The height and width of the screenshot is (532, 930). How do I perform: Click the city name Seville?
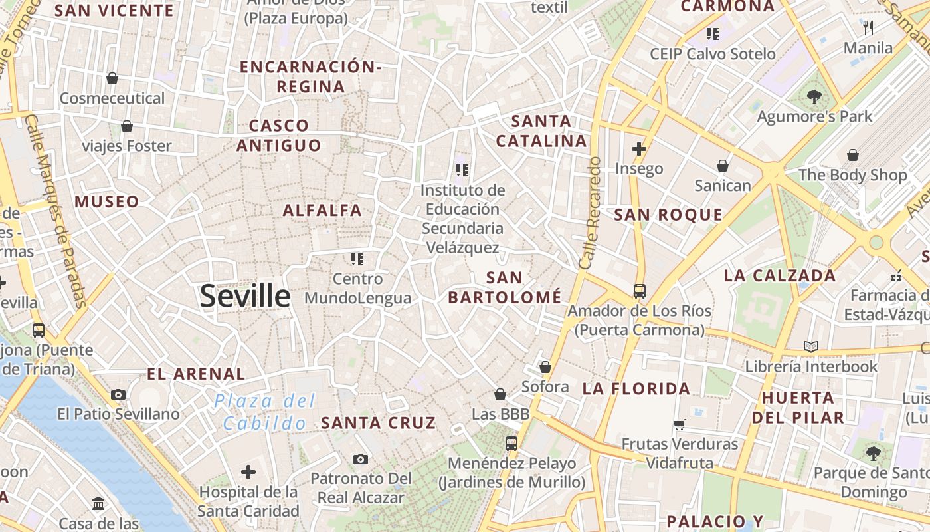245,296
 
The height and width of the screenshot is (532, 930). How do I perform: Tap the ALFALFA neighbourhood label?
322,211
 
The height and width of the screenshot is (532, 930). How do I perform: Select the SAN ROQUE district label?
668,215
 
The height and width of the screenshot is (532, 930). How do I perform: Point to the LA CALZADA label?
779,275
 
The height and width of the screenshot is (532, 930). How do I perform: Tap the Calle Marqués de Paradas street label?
56,211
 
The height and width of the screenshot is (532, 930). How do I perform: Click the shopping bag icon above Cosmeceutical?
112,78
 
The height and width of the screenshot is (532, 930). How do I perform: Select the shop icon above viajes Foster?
127,126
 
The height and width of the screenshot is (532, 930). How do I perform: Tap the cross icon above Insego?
639,149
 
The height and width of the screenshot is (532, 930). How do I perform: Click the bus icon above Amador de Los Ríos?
639,291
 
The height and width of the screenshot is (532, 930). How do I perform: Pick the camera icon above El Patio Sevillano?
118,394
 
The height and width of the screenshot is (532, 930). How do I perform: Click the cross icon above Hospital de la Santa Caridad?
248,472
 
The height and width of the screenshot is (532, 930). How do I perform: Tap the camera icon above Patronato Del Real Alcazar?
361,459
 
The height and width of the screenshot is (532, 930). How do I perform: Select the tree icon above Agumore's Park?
814,97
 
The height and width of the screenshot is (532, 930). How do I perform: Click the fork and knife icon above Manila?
868,28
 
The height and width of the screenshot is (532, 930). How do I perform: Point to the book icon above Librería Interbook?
810,346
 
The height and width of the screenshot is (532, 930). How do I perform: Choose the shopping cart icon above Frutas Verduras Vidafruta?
679,424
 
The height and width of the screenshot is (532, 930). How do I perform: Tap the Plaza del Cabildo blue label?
265,412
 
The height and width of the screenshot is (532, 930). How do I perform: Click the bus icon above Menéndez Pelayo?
511,443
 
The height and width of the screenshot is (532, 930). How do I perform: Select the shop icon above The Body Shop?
852,155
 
